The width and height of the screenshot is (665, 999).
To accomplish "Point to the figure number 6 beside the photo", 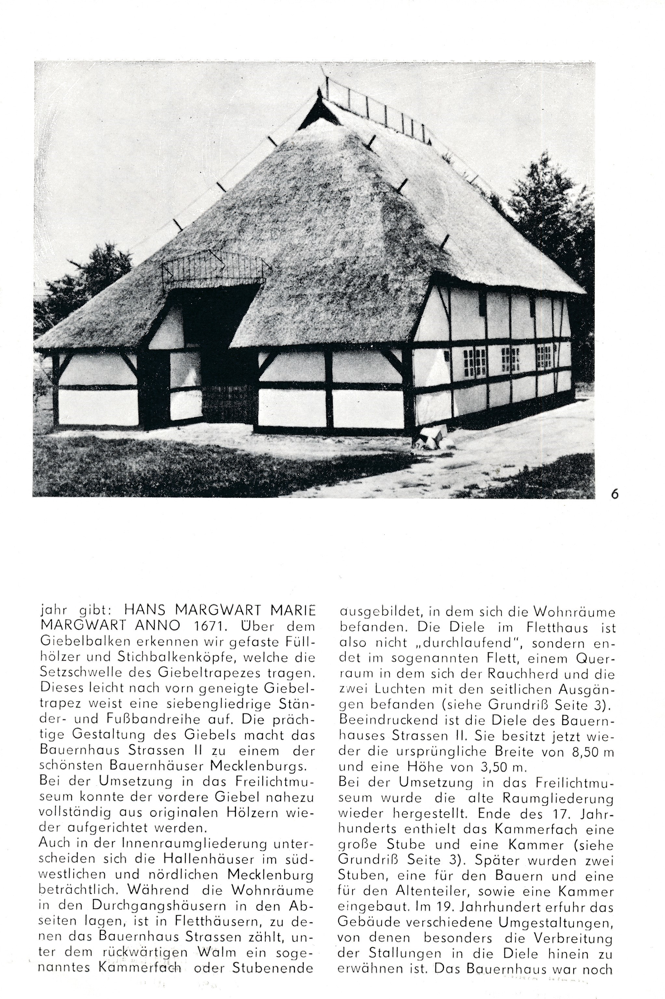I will click(x=615, y=495).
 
